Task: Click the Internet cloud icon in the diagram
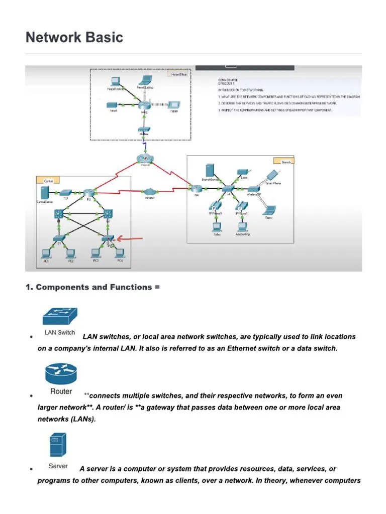point(145,158)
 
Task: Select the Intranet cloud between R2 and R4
point(150,191)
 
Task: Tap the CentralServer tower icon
point(44,192)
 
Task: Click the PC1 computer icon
point(46,253)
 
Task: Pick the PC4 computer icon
point(120,253)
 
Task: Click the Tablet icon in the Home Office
point(173,104)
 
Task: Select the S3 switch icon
point(65,192)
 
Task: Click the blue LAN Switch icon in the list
point(60,317)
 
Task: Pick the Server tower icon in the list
point(57,445)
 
